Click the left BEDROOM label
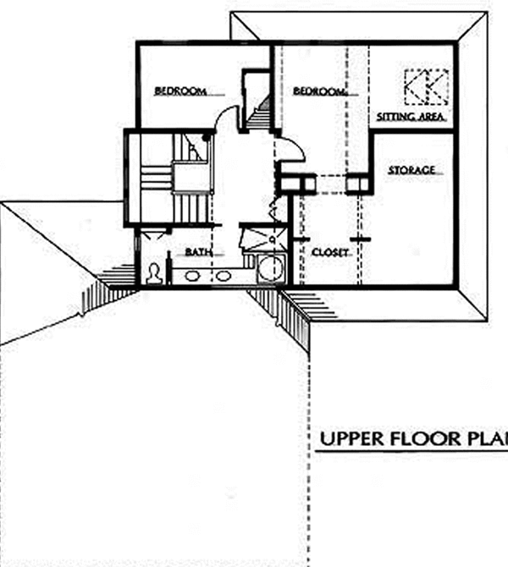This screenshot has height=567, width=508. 180,91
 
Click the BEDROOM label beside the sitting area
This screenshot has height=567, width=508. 320,91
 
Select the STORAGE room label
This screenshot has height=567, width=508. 412,171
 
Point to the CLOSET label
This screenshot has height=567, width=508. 330,252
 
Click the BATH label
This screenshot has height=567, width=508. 198,252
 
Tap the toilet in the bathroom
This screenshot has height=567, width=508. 155,273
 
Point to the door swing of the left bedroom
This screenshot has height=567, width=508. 226,123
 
